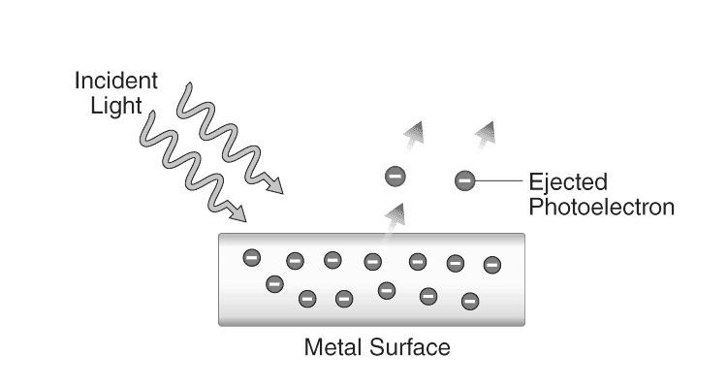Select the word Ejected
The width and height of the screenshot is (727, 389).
568,181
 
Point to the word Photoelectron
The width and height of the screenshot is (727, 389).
601,206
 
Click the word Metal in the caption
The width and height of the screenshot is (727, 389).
332,345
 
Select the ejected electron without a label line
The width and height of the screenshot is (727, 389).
395,177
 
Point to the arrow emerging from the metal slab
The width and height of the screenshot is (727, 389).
395,218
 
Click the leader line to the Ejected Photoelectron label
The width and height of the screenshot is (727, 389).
498,179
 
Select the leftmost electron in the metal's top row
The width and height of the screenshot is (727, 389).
251,257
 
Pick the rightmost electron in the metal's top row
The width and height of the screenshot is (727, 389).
491,264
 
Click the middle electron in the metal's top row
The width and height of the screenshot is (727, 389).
373,261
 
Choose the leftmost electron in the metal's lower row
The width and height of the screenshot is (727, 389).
274,284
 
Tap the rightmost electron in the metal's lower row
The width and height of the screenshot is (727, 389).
470,300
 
